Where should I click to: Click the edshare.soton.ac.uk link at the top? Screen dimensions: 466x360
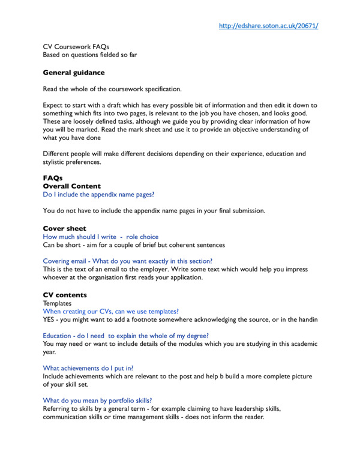point(268,26)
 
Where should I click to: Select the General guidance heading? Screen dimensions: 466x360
point(73,73)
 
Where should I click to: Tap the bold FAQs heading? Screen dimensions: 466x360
point(53,178)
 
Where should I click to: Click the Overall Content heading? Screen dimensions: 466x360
point(71,186)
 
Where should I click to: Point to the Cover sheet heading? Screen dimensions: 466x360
point(64,228)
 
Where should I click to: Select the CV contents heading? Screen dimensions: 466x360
point(65,295)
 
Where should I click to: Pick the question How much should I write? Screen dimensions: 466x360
point(101,237)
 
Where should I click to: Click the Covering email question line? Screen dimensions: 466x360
point(127,261)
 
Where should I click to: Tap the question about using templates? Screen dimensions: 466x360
point(110,312)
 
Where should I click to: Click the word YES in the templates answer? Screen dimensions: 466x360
point(49,320)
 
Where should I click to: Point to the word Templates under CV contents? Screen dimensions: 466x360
point(57,303)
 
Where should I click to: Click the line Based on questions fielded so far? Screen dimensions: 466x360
point(90,55)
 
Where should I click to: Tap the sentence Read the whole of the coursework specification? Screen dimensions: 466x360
point(112,89)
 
